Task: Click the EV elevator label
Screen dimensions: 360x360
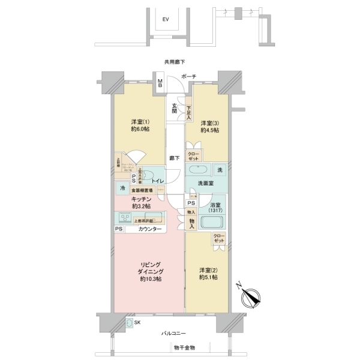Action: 166,20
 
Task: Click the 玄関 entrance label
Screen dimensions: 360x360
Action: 174,107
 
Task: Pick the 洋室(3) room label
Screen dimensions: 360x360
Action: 209,126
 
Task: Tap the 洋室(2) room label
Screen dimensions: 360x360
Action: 208,274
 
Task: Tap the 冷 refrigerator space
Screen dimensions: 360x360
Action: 122,187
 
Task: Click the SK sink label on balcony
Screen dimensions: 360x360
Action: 138,323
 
